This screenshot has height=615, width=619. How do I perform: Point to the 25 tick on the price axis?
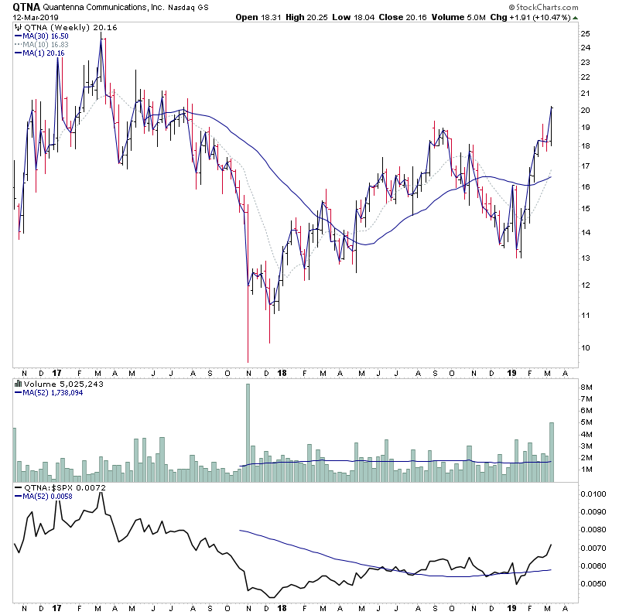[586, 33]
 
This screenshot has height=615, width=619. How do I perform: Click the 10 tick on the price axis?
[586, 347]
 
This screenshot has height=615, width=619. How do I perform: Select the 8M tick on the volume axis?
[589, 387]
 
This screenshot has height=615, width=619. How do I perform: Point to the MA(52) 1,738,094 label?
[54, 392]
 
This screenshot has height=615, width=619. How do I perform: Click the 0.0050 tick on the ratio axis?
[593, 583]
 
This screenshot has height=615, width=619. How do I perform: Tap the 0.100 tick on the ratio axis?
[593, 494]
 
